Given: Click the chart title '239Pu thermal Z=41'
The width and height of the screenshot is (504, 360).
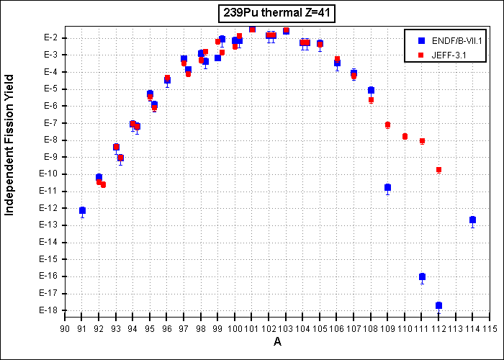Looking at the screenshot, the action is (x=276, y=15).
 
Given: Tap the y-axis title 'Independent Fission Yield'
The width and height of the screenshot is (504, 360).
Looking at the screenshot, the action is (x=9, y=145).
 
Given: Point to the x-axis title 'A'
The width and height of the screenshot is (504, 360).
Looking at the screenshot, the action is (x=277, y=342).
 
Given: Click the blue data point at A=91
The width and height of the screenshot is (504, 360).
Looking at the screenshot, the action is (x=82, y=210).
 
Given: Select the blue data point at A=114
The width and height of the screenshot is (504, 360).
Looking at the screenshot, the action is (x=472, y=220).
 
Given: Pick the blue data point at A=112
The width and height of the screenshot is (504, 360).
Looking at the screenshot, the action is (x=438, y=305).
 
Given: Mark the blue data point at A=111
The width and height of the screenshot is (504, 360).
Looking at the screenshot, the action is (x=422, y=276).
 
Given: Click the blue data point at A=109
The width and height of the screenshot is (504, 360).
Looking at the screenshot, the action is (x=387, y=187).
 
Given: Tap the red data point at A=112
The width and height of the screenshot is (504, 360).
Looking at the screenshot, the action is (x=438, y=169).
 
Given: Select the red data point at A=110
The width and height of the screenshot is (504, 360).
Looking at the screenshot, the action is (x=405, y=136).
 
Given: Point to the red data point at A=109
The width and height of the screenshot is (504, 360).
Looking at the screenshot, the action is (x=387, y=125).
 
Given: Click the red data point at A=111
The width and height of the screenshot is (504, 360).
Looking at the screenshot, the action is (x=422, y=141).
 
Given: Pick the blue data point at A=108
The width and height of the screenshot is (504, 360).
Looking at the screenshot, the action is (x=371, y=90).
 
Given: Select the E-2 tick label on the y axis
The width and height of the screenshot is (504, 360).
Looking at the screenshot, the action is (x=51, y=38).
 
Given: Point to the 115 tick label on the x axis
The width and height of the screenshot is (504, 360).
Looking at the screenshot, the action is (x=491, y=329).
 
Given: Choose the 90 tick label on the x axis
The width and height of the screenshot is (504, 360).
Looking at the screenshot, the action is (x=65, y=329).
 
